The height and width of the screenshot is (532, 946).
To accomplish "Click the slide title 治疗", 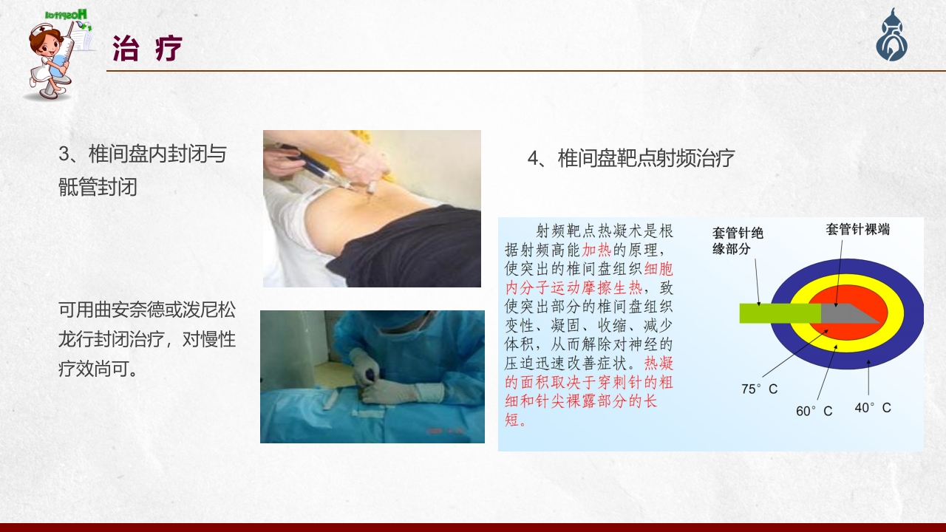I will click(x=147, y=50).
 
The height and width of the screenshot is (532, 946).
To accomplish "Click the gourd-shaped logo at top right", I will click(x=892, y=37).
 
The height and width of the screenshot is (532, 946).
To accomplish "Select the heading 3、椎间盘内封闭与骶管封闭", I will click(x=143, y=170).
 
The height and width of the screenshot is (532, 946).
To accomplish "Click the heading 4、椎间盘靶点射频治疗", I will click(x=630, y=158).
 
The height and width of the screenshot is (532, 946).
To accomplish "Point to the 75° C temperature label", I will click(x=759, y=389).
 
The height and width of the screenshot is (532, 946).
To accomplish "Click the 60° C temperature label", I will click(x=814, y=411).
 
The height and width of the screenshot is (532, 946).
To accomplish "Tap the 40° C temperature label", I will click(x=873, y=407).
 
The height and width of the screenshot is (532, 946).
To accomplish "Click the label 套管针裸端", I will click(x=857, y=229).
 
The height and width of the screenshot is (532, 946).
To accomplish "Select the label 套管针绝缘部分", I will click(x=738, y=241).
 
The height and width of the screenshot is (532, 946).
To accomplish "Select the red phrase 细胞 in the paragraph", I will click(x=659, y=268).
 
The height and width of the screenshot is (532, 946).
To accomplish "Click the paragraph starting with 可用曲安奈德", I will click(x=147, y=339).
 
